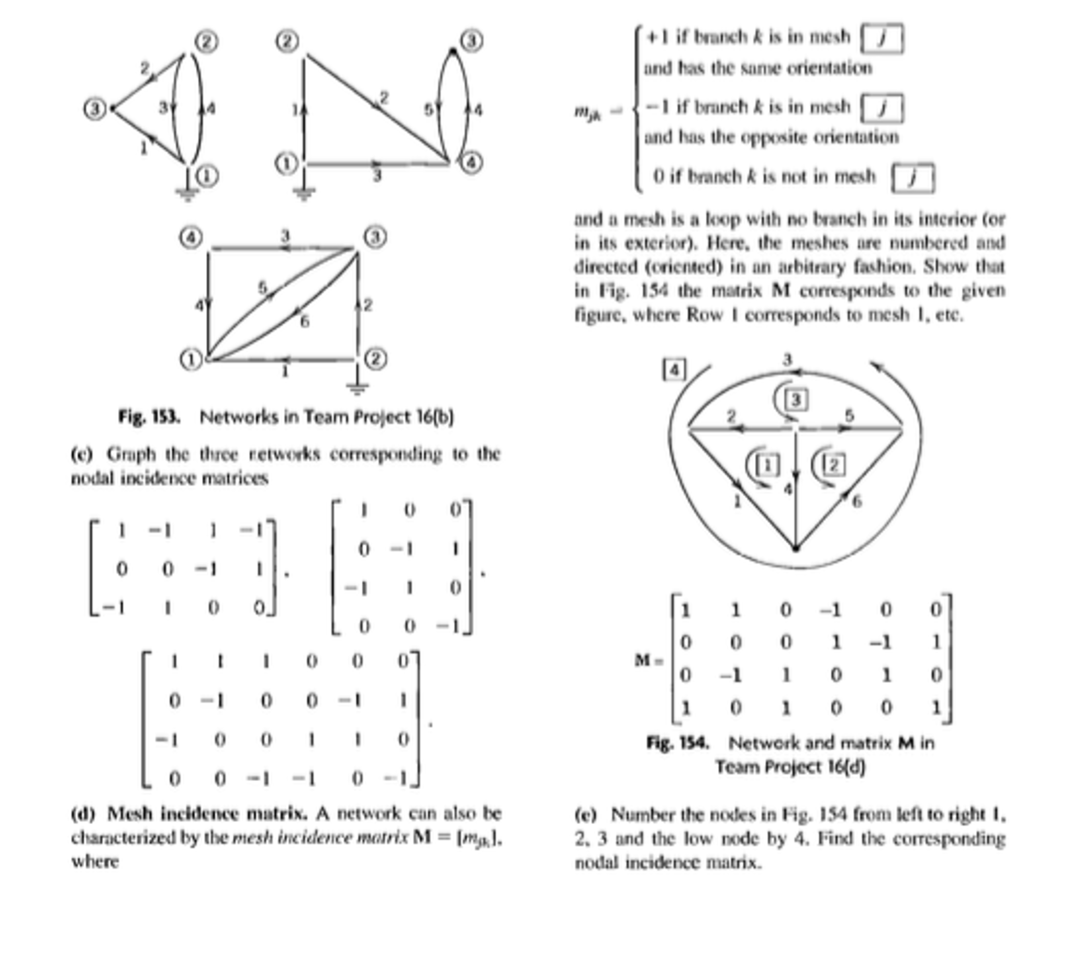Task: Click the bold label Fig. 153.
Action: tap(149, 417)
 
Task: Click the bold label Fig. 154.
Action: tap(677, 742)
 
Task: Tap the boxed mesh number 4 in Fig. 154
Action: tap(674, 370)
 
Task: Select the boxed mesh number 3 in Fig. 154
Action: tap(796, 400)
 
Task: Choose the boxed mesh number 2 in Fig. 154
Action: tap(833, 465)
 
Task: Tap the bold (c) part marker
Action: tap(81, 454)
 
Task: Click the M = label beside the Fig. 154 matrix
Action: tap(649, 661)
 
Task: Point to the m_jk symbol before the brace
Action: tap(587, 113)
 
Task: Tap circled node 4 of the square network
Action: tap(191, 238)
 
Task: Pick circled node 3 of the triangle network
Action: tap(95, 108)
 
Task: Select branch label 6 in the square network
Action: tap(305, 321)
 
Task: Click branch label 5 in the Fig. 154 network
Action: tap(849, 415)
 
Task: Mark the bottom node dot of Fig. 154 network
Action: tap(795, 548)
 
